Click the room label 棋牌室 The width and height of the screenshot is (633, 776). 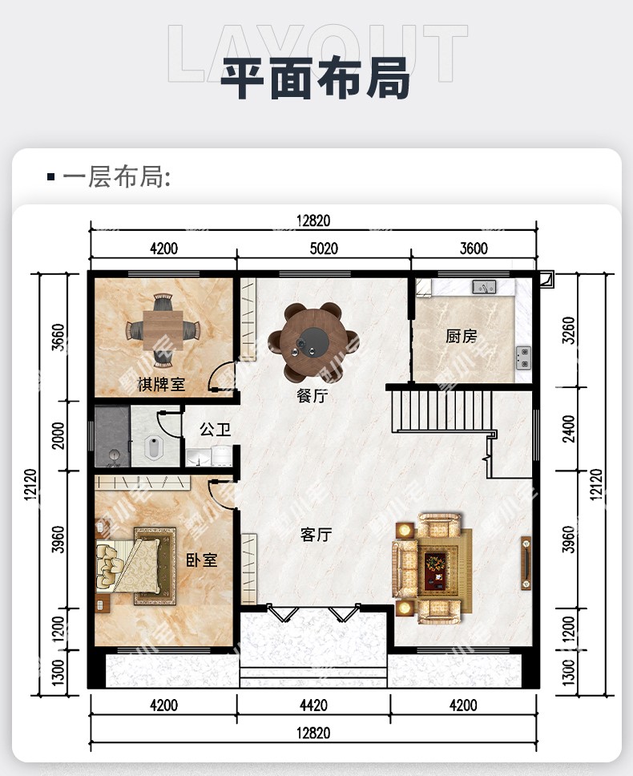(161, 384)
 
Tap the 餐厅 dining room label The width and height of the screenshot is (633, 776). (312, 396)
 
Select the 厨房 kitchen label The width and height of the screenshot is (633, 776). (462, 337)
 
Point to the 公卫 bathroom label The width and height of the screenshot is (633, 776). (215, 429)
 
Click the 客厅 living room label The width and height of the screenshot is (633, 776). (316, 535)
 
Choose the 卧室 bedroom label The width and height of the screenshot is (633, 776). (201, 560)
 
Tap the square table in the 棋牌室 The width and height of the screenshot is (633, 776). (163, 330)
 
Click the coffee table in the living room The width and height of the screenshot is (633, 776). (435, 566)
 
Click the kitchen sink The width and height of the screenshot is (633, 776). (484, 286)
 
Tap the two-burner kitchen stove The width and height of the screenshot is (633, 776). (523, 358)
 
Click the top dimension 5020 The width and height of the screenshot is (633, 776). (324, 248)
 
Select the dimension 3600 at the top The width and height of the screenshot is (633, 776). (474, 248)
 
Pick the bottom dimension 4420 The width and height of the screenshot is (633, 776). (313, 705)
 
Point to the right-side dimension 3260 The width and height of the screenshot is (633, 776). (569, 330)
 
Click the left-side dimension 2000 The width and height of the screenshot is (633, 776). (58, 435)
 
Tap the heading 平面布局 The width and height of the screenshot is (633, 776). (315, 79)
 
